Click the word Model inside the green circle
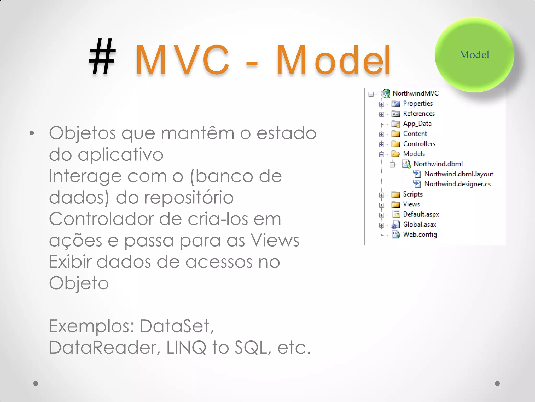click(x=474, y=55)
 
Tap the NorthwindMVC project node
click(x=415, y=93)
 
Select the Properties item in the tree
click(x=417, y=104)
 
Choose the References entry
click(x=419, y=114)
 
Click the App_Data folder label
click(x=417, y=124)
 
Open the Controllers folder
click(x=419, y=144)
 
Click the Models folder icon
click(x=396, y=154)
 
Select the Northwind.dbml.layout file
click(x=458, y=174)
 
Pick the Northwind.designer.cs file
click(x=457, y=184)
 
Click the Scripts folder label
click(x=412, y=194)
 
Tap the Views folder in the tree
click(x=411, y=204)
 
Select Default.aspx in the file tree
click(x=421, y=214)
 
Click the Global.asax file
click(x=419, y=225)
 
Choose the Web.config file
click(x=420, y=234)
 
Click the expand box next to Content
click(x=382, y=135)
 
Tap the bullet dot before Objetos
click(x=32, y=133)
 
